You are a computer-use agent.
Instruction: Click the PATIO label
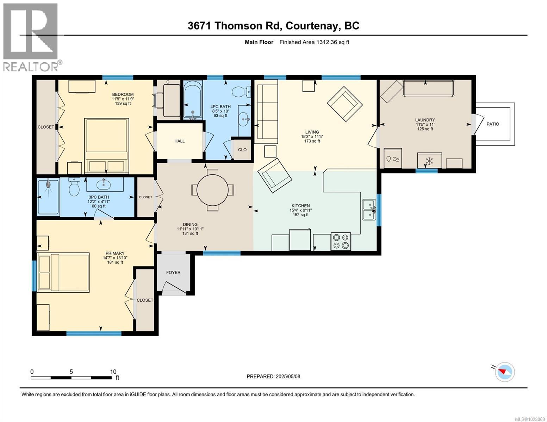tap(493, 124)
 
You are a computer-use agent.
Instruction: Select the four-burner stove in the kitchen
tap(341, 241)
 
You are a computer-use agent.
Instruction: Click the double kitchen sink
tap(369, 210)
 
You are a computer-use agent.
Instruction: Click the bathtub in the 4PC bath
tap(193, 100)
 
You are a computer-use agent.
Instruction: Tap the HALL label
tap(180, 141)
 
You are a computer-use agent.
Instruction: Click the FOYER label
tap(173, 272)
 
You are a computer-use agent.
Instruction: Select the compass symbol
tap(505, 372)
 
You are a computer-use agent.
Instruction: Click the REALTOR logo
tap(31, 37)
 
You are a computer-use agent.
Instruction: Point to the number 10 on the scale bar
tap(113, 372)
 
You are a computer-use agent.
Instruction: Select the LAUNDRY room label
tap(425, 120)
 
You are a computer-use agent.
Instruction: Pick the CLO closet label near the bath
tap(242, 149)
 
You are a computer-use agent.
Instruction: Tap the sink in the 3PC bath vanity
tap(104, 183)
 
